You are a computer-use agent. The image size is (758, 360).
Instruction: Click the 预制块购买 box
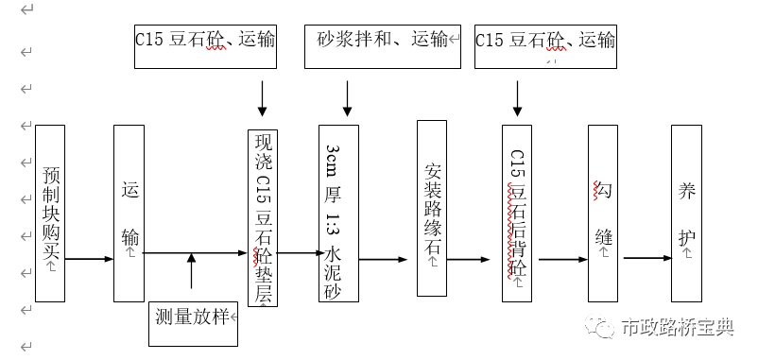pos(49,214)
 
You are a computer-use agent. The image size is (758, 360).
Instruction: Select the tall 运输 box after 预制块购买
pos(129,214)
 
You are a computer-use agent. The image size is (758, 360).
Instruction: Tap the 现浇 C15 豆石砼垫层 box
pos(263,218)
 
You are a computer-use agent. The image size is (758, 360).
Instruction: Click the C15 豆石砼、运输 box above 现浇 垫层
pos(206,45)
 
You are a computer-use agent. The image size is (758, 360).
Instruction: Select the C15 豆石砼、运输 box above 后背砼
pos(545,45)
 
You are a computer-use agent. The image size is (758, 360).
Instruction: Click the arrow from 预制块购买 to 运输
pos(89,258)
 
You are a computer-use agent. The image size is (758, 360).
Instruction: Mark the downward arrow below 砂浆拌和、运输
pos(347,97)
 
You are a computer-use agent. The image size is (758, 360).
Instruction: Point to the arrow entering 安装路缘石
pos(388,258)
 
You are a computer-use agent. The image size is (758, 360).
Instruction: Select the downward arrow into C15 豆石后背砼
pos(516,97)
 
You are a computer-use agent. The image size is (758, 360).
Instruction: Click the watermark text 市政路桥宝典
pos(675,328)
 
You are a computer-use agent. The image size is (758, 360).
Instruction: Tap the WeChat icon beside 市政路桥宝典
pos(600,327)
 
